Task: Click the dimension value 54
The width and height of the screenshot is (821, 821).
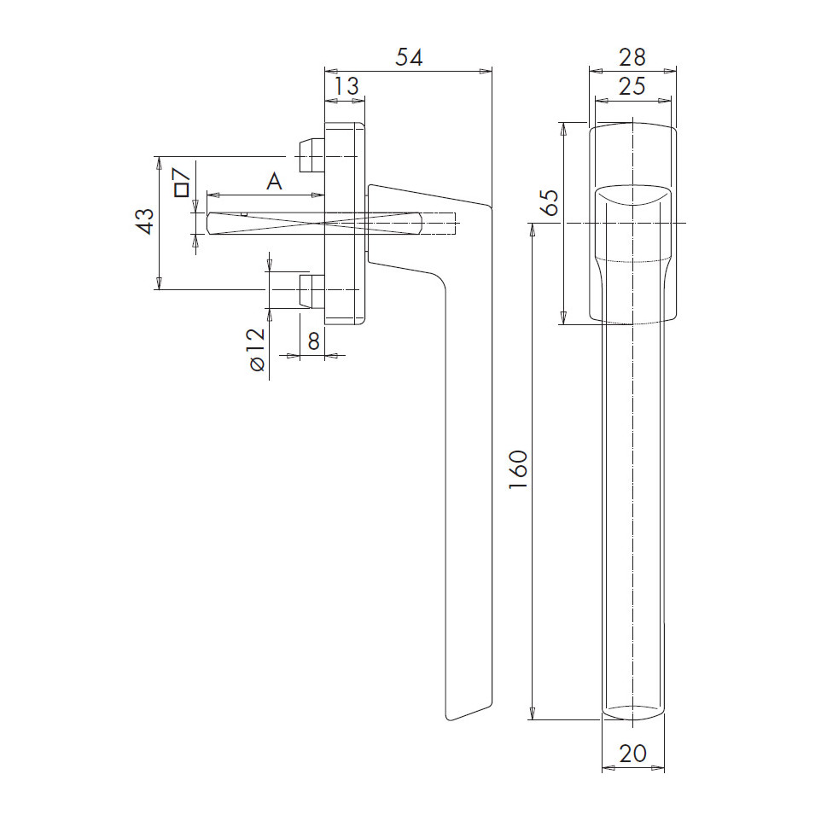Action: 409,57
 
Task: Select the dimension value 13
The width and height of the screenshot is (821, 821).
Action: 346,86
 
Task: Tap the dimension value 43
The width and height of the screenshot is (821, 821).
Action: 146,221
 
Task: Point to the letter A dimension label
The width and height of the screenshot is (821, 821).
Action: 274,182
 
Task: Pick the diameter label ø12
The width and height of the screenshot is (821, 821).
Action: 258,350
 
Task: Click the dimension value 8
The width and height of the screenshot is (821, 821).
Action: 313,341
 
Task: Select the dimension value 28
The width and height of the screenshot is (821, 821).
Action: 632,57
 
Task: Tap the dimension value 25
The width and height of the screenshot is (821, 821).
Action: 632,86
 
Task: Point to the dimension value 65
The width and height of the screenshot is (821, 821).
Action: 550,202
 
